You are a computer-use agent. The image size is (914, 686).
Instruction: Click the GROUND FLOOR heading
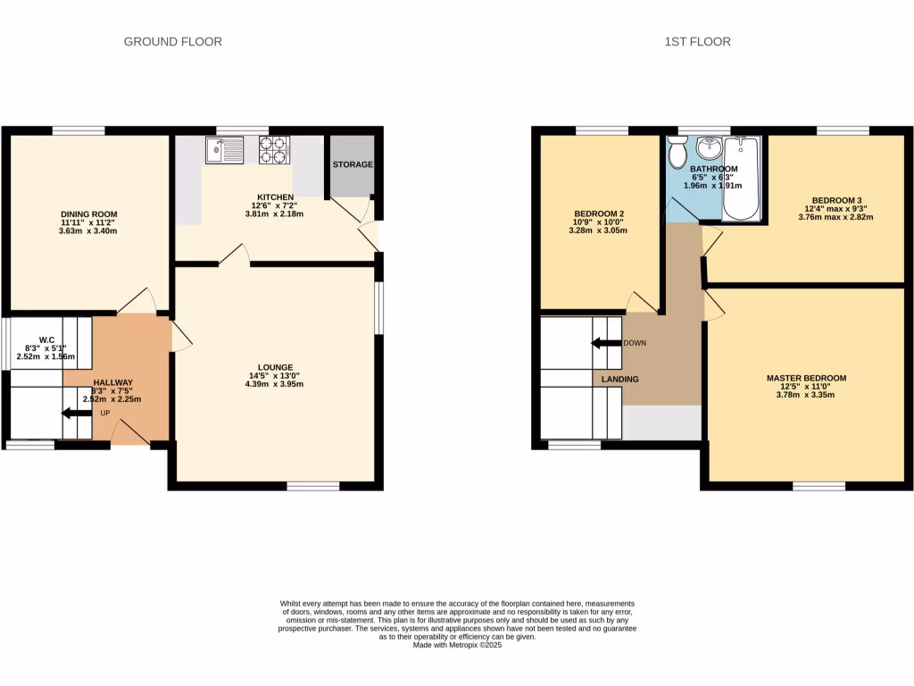click(172, 41)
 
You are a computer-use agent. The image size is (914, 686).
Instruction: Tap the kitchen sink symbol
click(223, 150)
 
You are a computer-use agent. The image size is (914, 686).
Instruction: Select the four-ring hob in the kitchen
click(274, 149)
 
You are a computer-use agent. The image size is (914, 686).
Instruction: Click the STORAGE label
click(353, 165)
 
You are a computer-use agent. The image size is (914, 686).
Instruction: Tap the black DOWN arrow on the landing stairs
click(606, 343)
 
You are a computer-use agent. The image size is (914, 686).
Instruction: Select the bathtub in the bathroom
click(740, 178)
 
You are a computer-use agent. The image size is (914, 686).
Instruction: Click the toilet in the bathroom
click(677, 155)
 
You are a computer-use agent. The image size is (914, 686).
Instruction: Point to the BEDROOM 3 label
click(836, 200)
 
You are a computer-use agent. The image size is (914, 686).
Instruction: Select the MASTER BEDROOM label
click(806, 378)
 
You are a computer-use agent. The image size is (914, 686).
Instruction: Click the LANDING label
click(619, 380)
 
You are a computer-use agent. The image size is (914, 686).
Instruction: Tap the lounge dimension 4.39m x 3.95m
click(275, 384)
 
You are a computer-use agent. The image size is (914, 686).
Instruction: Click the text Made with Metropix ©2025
click(457, 645)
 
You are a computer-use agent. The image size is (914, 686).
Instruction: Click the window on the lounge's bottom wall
click(313, 487)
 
